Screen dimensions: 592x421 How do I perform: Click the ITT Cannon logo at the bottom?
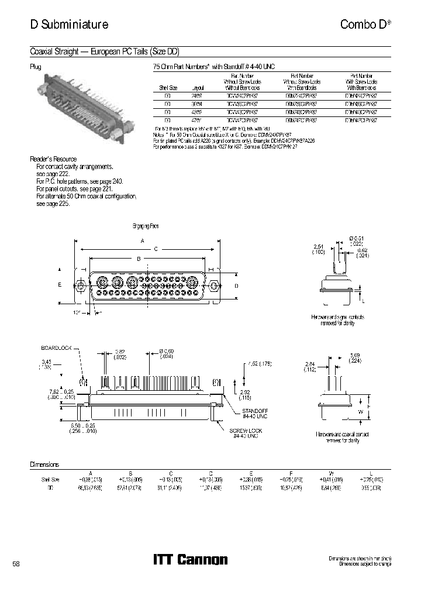tap(189, 560)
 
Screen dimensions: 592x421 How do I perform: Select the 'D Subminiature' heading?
tap(68, 25)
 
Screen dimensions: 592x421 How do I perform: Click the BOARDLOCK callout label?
tap(56, 347)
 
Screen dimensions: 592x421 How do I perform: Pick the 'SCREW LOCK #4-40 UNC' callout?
tap(246, 433)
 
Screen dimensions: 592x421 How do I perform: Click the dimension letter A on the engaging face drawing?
tap(142, 241)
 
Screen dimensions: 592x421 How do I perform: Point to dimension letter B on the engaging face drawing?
tap(138, 258)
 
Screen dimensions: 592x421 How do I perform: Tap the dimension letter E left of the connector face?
tap(60, 285)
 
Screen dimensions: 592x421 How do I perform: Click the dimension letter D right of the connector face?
tap(236, 285)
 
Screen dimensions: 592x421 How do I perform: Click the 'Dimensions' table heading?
tap(44, 464)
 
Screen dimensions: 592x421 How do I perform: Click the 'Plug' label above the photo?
tap(36, 67)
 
